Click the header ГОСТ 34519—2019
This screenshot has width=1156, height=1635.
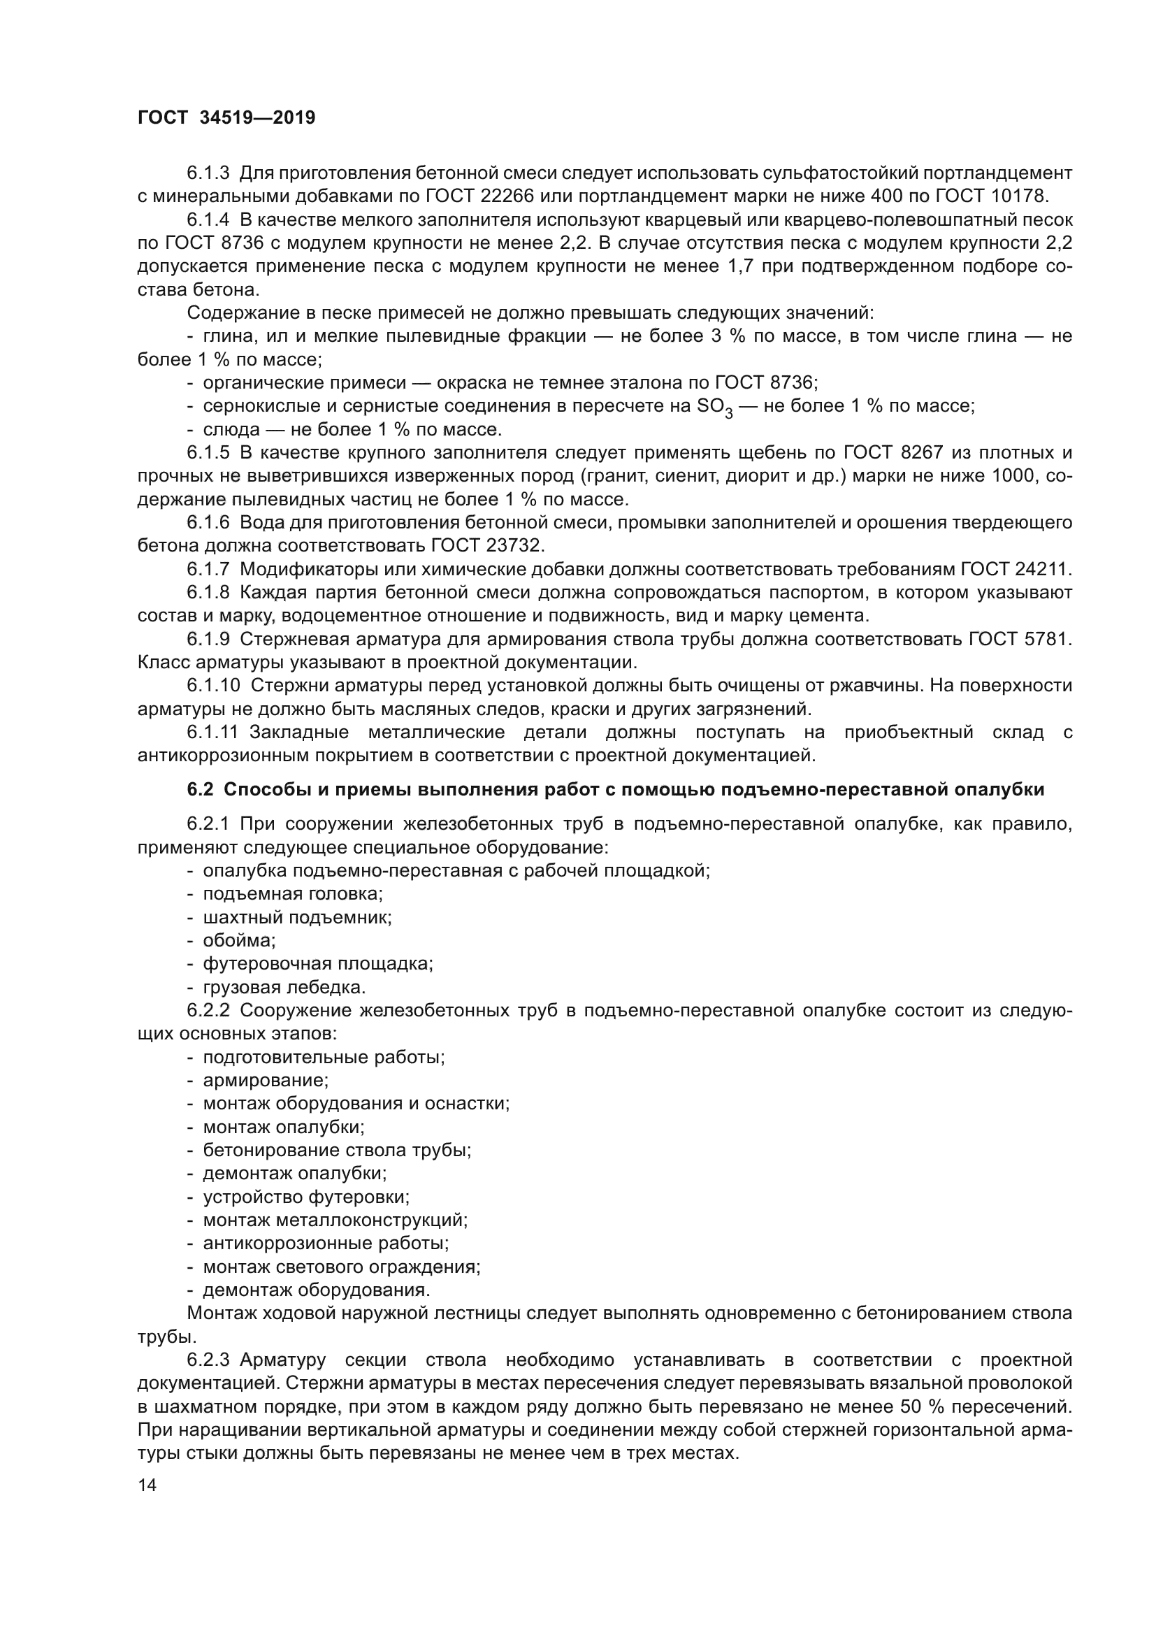point(226,118)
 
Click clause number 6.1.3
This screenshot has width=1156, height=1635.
point(208,173)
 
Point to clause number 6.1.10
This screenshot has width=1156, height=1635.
point(214,686)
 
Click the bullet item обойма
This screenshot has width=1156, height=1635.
point(239,941)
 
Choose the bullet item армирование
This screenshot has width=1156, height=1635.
point(266,1080)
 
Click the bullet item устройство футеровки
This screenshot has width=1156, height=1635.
point(306,1197)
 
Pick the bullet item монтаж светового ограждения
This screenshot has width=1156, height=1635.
point(342,1267)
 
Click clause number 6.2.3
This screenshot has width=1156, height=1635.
point(208,1360)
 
